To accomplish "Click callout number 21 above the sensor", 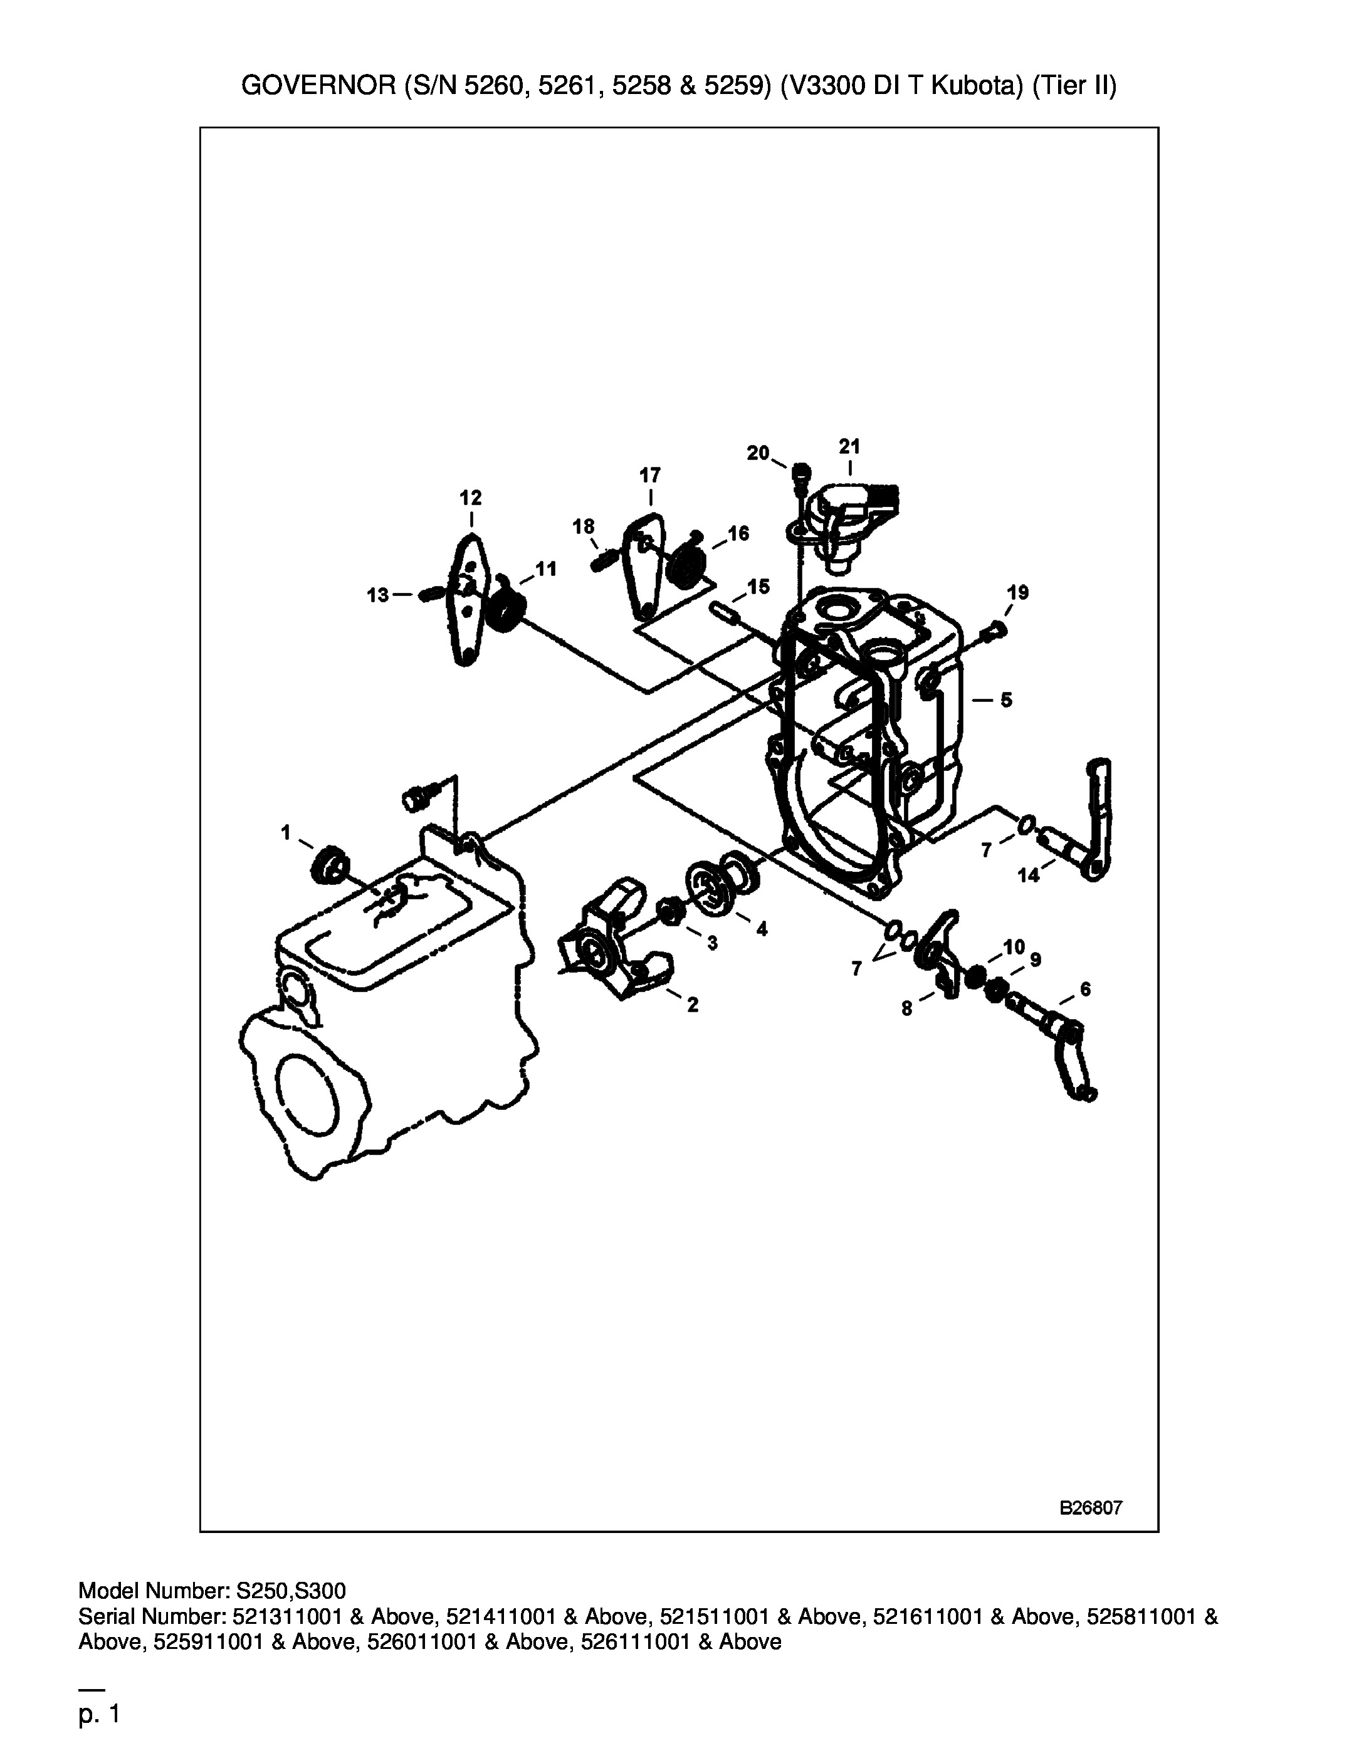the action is pyautogui.click(x=849, y=446).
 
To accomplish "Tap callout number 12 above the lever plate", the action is pyautogui.click(x=471, y=498).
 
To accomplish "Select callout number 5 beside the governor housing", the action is pyautogui.click(x=1006, y=700).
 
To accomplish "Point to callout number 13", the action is pyautogui.click(x=377, y=595).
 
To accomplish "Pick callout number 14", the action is pyautogui.click(x=1029, y=875).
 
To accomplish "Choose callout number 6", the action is pyautogui.click(x=1085, y=988).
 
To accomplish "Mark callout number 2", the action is pyautogui.click(x=693, y=1005).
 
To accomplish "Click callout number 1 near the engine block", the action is pyautogui.click(x=286, y=832).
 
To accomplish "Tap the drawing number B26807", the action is pyautogui.click(x=1091, y=1509).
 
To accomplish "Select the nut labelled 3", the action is pyautogui.click(x=669, y=912).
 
